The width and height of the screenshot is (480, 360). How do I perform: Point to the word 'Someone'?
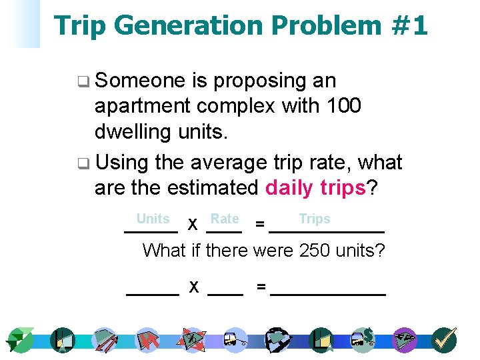pyautogui.click(x=140, y=81)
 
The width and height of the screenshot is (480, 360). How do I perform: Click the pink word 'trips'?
pyautogui.click(x=343, y=188)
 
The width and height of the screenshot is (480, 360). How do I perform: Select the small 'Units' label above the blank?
pyautogui.click(x=153, y=219)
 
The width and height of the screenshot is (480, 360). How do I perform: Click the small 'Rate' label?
pyautogui.click(x=225, y=219)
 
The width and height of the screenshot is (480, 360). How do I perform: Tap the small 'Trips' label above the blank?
pyautogui.click(x=315, y=219)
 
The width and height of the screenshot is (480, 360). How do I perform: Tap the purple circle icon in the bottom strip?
pyautogui.click(x=404, y=340)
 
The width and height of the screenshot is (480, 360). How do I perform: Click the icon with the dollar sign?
pyautogui.click(x=364, y=339)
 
